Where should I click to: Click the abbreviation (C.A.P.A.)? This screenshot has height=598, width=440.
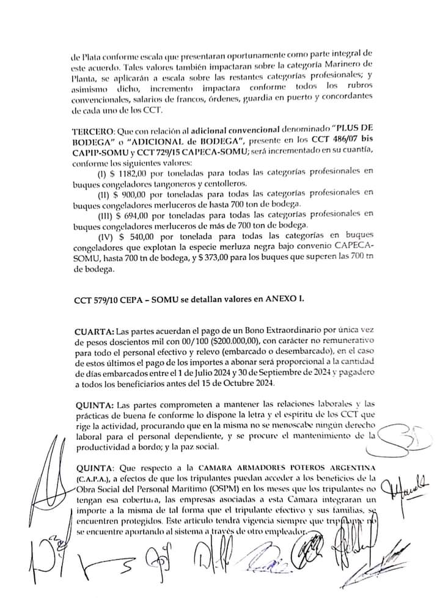[94, 476]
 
